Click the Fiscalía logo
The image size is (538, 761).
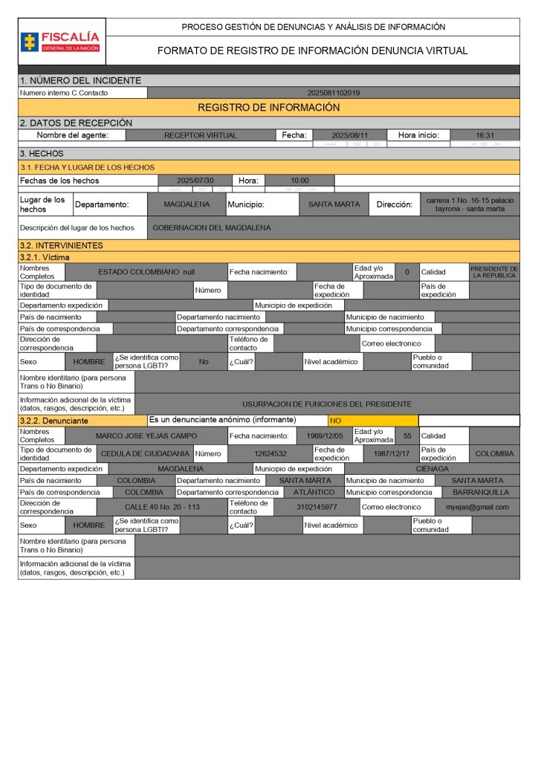61,41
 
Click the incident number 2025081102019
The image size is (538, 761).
334,93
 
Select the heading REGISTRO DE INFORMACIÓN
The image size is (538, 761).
268,108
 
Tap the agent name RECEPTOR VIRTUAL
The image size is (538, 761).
200,135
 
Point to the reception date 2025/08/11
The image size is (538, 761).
349,135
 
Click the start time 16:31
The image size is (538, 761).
484,135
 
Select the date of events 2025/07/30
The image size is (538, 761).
195,181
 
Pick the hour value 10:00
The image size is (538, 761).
299,181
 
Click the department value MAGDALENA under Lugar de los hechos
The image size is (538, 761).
187,204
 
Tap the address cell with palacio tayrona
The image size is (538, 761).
470,204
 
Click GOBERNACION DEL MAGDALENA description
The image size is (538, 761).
212,227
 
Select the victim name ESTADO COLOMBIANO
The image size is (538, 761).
146,272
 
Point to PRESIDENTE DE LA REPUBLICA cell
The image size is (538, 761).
494,272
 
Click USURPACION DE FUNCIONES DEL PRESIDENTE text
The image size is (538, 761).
326,404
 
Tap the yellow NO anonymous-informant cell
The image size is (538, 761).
372,421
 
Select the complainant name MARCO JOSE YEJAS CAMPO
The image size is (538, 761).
146,435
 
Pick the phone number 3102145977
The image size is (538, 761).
317,507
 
